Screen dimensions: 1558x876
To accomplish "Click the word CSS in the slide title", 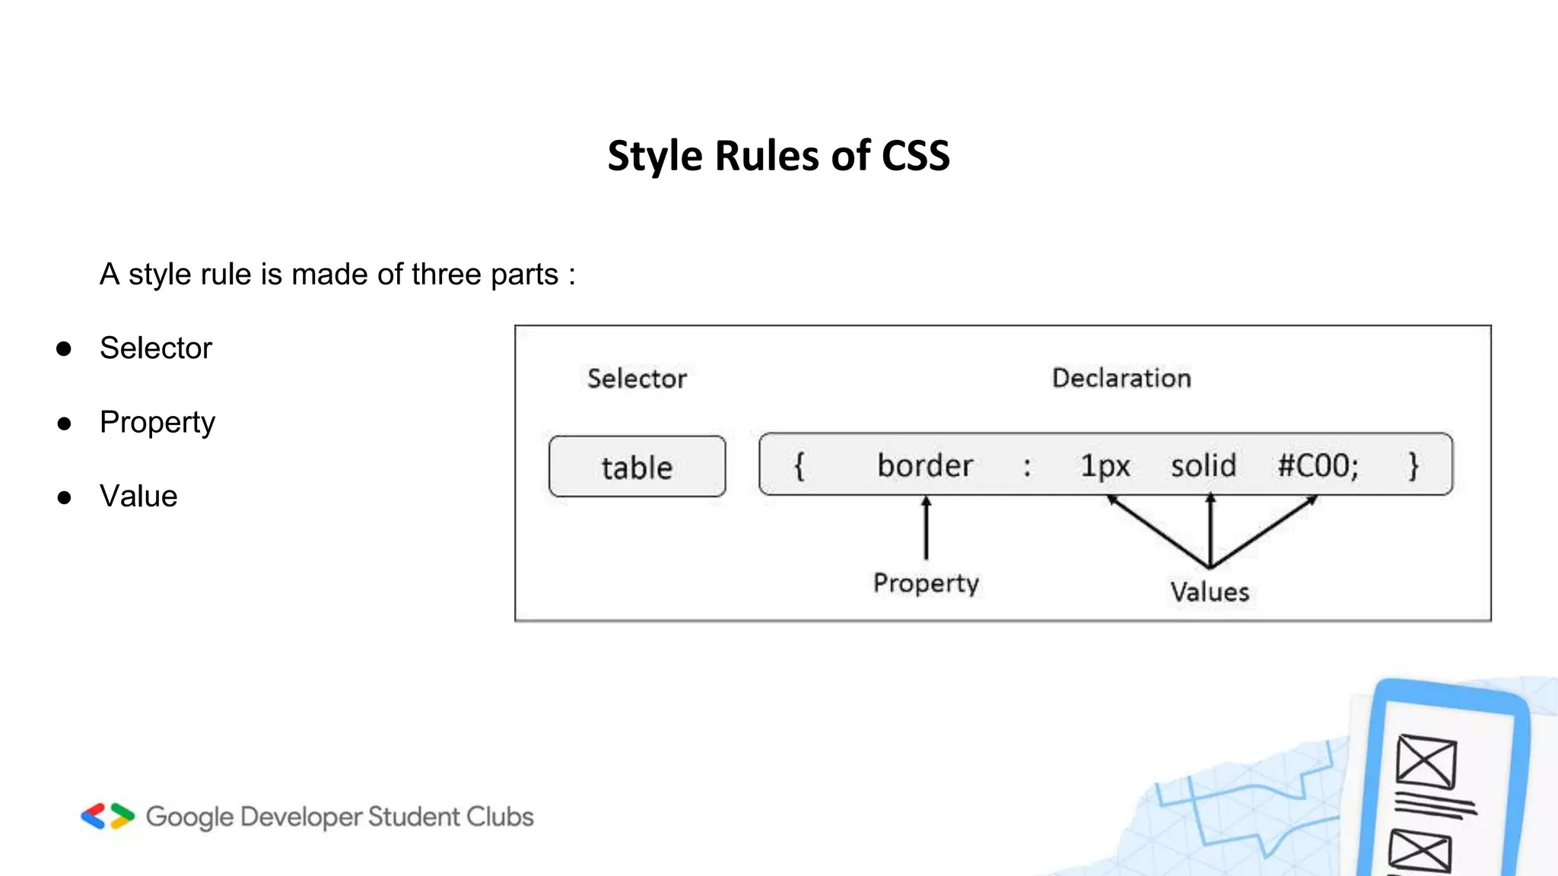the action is [915, 156].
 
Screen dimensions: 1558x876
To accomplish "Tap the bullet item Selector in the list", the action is [156, 348].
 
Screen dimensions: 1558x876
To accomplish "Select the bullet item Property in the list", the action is [157, 422].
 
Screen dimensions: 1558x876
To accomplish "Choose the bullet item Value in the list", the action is [138, 497].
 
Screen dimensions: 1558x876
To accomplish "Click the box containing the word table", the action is [637, 466].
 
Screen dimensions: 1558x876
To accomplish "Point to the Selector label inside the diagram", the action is [637, 379].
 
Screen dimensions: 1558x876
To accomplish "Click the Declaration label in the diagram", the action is [1121, 378].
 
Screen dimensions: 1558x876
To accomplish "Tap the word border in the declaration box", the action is [925, 465].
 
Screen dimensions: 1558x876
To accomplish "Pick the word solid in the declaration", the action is [1203, 465].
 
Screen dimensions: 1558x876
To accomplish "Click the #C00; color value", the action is [1318, 465].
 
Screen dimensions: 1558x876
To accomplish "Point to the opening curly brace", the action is [799, 465].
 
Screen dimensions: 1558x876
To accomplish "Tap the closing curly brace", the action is [1413, 465].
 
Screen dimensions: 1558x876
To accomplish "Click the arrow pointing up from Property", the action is [926, 528].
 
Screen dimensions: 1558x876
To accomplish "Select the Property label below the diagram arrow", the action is [926, 583].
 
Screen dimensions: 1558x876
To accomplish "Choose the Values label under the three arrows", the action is [1210, 592].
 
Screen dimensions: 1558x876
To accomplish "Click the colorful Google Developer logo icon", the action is [108, 816].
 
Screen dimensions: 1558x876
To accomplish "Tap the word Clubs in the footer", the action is [500, 817].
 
